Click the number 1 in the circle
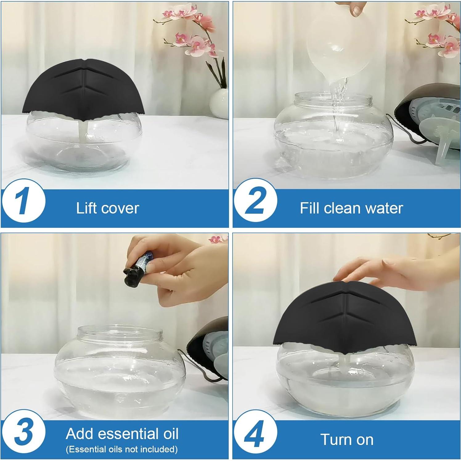[23, 202]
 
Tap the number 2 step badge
[255, 202]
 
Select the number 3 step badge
[23, 432]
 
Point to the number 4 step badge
[255, 432]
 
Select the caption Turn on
[347, 439]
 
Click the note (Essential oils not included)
[122, 449]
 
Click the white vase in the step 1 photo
[219, 103]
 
